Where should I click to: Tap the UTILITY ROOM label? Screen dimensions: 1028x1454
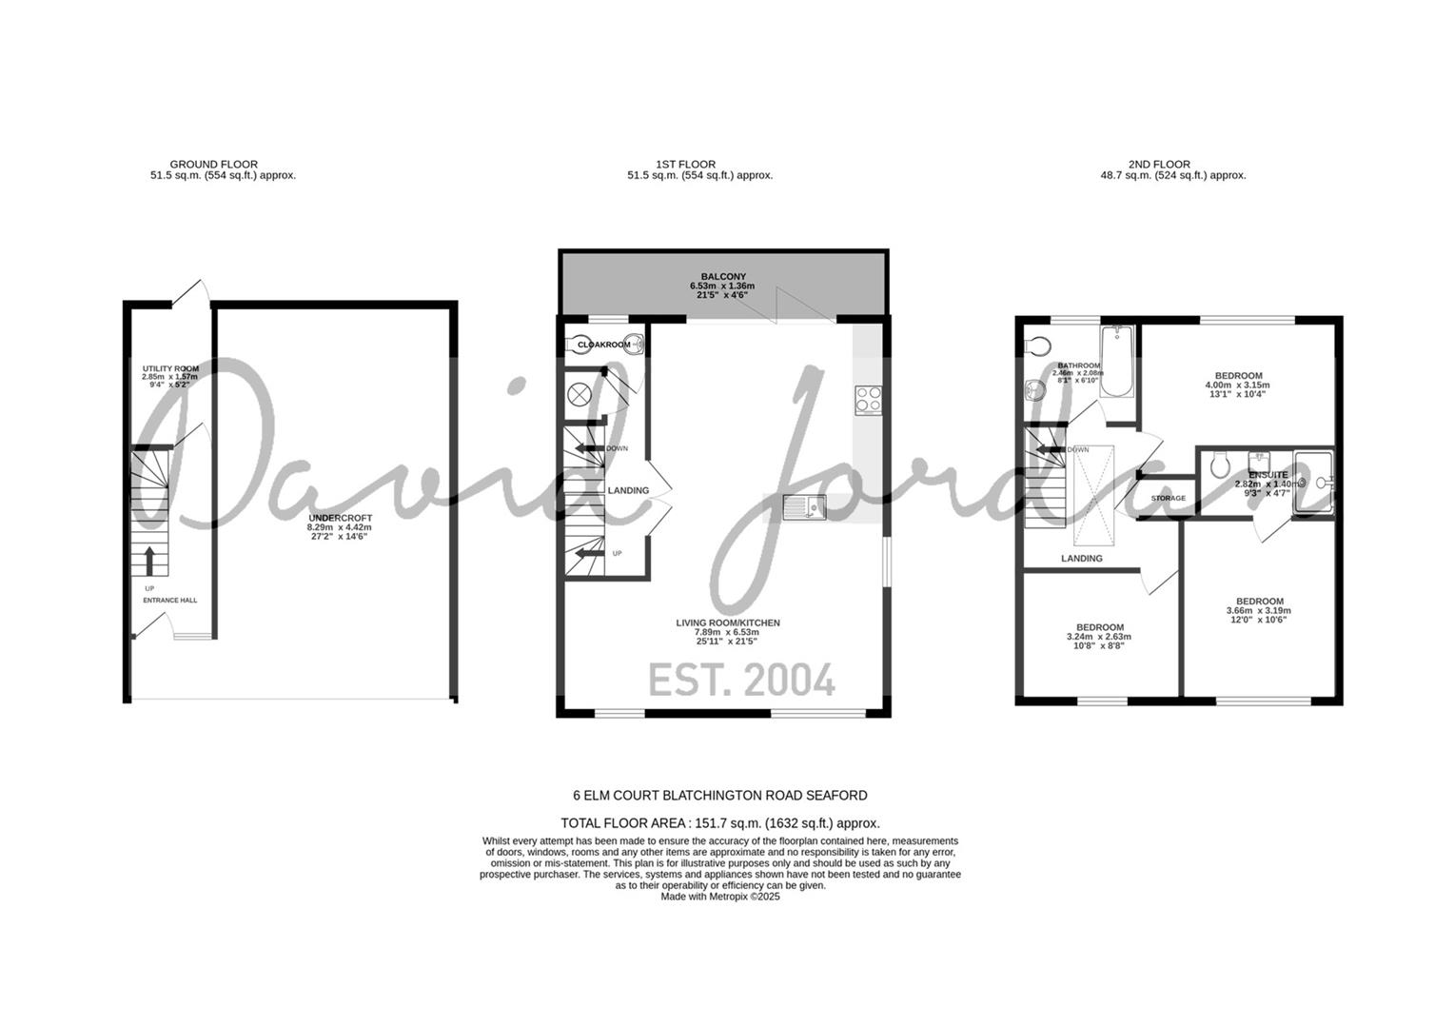[170, 368]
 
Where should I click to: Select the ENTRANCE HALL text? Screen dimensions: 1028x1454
[170, 601]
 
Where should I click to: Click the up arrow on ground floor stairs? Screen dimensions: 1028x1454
[149, 561]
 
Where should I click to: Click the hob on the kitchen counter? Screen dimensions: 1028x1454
[868, 399]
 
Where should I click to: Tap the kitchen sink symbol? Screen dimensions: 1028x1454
[804, 508]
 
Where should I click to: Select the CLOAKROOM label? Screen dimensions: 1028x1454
[604, 345]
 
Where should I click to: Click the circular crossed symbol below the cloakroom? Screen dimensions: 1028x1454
[580, 393]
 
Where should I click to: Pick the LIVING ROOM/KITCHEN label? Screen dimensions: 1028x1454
[728, 623]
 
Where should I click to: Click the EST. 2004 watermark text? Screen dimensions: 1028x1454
[741, 681]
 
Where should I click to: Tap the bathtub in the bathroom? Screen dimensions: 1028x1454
[1117, 364]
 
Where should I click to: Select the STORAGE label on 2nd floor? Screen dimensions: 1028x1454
[1169, 499]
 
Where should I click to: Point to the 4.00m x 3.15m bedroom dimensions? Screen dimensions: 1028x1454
[1238, 385]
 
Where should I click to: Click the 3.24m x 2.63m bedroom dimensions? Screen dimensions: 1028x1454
[1099, 637]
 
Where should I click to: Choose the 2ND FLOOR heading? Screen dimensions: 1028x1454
[1159, 164]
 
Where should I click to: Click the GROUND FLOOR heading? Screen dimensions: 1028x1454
[213, 164]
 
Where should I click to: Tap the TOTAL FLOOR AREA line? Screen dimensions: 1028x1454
[720, 823]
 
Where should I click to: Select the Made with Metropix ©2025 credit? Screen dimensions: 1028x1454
[720, 897]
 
